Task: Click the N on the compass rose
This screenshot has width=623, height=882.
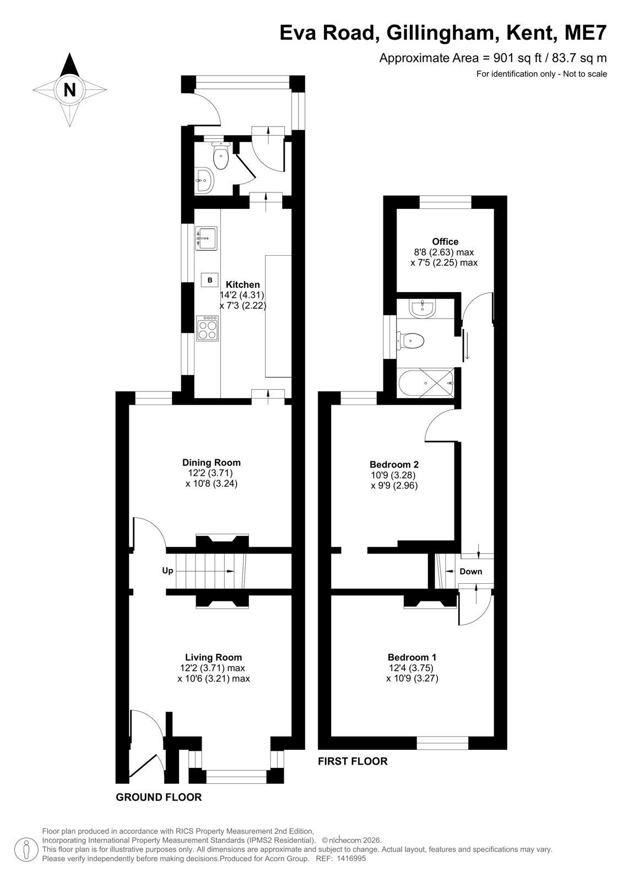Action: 69,90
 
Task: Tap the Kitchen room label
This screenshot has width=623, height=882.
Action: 242,284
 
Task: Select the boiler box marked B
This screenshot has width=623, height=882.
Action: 210,280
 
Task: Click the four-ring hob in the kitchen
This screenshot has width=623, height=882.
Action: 208,329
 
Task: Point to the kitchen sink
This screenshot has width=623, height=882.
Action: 206,238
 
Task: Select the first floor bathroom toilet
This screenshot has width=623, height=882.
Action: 410,340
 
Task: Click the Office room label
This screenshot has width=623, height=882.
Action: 445,241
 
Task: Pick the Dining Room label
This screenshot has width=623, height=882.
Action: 212,462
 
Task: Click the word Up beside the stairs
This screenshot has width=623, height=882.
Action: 167,571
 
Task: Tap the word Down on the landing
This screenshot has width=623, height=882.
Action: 471,571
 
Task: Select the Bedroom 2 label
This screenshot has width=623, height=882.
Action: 394,464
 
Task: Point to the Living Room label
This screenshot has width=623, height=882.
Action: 213,657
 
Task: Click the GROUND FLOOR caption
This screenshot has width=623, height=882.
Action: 159,797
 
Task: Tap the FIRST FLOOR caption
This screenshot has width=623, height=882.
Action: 353,761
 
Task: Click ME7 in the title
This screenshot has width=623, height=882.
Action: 586,33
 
